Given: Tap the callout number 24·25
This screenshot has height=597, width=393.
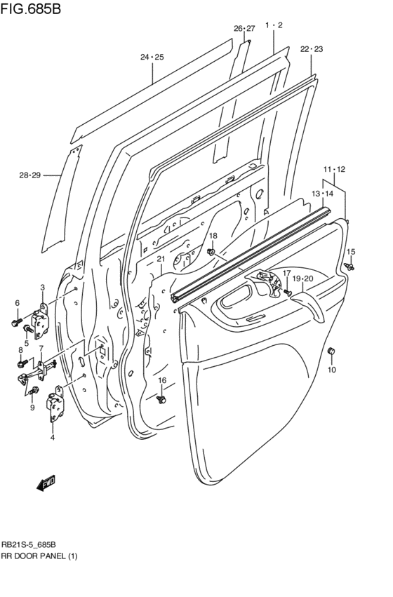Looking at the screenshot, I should click(152, 57).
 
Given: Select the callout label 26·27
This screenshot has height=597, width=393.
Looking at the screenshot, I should click(244, 29).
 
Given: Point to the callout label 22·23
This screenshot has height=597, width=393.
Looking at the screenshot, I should click(312, 49).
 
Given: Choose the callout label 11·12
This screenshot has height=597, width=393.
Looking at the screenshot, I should click(335, 170).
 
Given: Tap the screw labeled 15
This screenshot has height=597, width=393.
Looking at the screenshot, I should click(349, 266).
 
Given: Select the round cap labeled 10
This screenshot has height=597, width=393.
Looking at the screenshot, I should click(332, 351).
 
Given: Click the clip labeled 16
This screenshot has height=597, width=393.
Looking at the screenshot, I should click(162, 398).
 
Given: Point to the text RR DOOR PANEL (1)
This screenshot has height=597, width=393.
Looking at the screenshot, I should click(39, 556).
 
